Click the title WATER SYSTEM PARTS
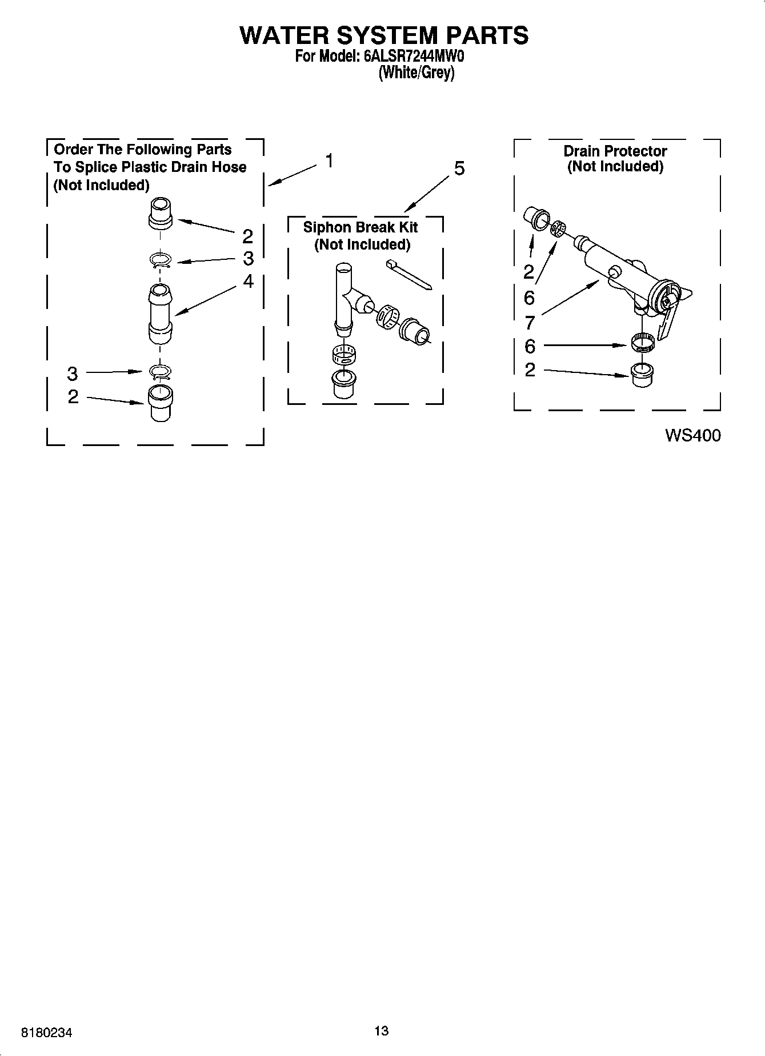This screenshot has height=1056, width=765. click(383, 35)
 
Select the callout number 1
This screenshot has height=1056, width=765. click(330, 161)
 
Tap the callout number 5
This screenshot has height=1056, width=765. click(459, 168)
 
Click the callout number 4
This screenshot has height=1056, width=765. click(248, 281)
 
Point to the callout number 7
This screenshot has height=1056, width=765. click(530, 323)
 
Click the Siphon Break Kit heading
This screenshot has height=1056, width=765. click(361, 227)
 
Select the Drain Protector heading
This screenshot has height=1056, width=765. click(615, 151)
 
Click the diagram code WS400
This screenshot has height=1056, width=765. click(692, 436)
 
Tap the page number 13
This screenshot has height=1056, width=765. click(382, 1030)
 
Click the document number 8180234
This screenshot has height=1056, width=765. click(47, 1033)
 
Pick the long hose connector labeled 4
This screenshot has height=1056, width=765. click(160, 314)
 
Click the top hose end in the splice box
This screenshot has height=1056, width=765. click(161, 213)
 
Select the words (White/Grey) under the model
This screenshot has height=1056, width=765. click(416, 73)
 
